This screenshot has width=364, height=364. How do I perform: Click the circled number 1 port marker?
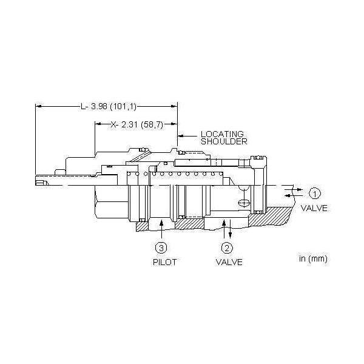coord(314,194)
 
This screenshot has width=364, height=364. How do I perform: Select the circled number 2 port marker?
coord(226,248)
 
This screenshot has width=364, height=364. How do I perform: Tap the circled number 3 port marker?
coord(161,248)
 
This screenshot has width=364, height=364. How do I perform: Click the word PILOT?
coord(165,262)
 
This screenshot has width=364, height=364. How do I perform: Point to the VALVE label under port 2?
coord(229,262)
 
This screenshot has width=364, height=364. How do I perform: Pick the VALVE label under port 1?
coord(314,208)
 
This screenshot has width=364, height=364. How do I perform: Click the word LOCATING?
coord(222,134)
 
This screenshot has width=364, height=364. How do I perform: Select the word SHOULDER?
coord(224,141)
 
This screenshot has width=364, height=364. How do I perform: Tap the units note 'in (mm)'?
coord(313,258)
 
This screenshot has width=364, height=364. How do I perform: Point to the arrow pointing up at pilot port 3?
coord(161,229)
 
